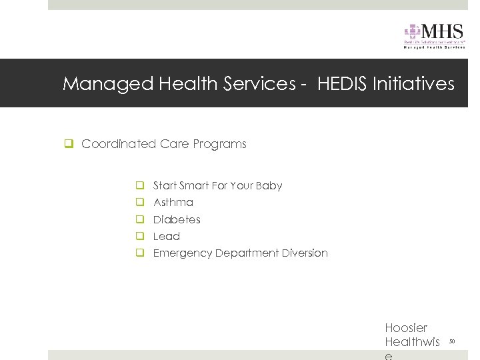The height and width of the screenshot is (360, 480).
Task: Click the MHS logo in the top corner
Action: point(434,35)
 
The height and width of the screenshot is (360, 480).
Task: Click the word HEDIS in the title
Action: point(344,84)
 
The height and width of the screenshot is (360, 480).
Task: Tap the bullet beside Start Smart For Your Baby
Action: point(141,186)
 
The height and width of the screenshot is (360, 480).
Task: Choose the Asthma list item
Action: point(173,203)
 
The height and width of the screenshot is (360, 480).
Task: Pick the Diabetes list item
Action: point(177,219)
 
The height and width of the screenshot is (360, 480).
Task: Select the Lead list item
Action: point(167,236)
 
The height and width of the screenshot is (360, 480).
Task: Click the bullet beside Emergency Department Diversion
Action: point(141,253)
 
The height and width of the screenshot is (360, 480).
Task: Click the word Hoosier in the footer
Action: point(406,328)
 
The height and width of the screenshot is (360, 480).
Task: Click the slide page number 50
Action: point(451,341)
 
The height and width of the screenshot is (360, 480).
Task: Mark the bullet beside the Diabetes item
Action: point(141,219)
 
